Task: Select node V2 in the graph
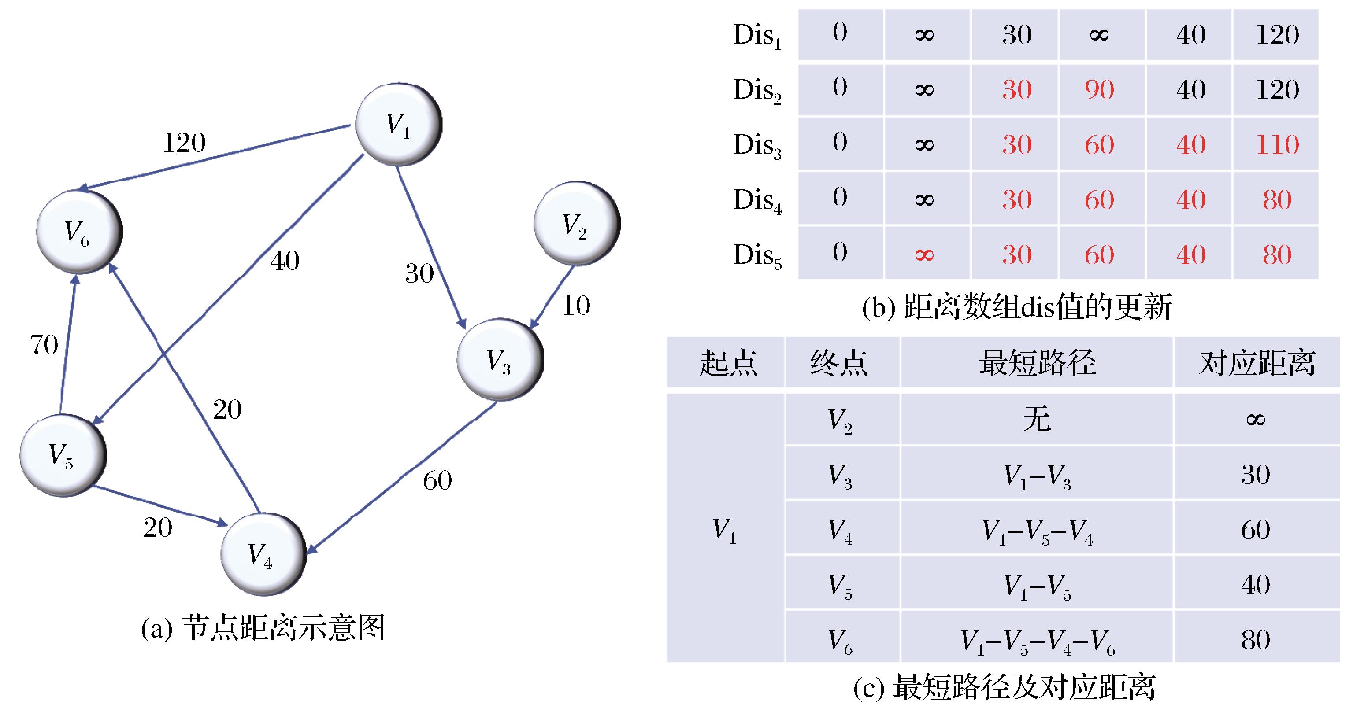(x=576, y=224)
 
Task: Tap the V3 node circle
(x=499, y=360)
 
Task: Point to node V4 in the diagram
(x=263, y=554)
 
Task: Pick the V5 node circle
(x=62, y=454)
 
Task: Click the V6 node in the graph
(x=78, y=232)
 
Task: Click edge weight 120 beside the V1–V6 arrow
(x=184, y=143)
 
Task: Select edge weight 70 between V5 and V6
(x=44, y=345)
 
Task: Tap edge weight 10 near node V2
(x=576, y=306)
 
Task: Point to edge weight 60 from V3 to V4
(x=437, y=481)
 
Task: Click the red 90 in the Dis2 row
(x=1099, y=90)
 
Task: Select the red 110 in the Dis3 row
(x=1277, y=145)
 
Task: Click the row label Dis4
(x=757, y=200)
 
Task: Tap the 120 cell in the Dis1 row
(x=1277, y=35)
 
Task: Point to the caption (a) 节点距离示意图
(x=263, y=628)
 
